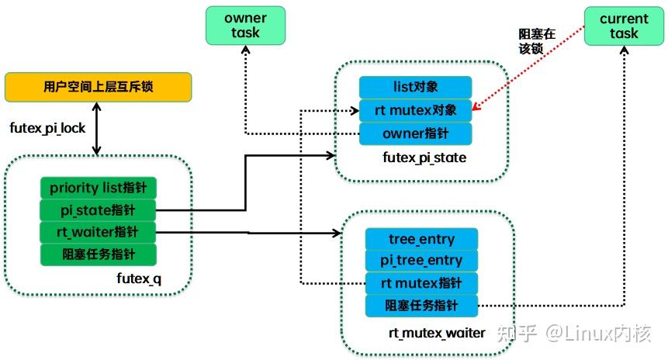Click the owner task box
245,26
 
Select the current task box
624,26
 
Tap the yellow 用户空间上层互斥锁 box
98,87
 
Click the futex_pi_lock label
47,128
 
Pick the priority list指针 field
99,188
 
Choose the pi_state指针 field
99,210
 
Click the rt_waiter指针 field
99,232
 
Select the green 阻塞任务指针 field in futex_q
99,254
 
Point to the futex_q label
139,279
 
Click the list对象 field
415,88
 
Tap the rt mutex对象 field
415,110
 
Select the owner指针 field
415,133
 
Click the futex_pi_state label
424,157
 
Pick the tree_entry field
421,239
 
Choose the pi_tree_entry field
421,261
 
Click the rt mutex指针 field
421,283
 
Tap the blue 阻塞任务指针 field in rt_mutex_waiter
421,306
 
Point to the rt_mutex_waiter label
437,333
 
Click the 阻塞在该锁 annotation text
536,41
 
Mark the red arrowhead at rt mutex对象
476,106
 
